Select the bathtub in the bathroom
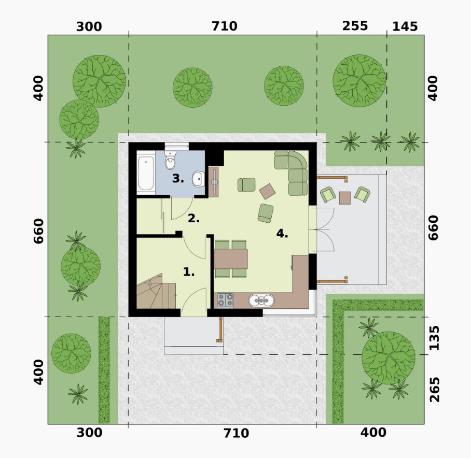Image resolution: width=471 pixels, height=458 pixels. (x=146, y=173)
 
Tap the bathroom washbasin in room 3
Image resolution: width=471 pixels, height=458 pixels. (x=198, y=179)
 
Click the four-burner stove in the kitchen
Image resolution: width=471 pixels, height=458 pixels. (x=225, y=300)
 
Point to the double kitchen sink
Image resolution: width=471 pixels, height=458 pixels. (x=261, y=300)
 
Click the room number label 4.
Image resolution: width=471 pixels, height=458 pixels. (x=282, y=233)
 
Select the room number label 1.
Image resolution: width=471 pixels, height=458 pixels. (x=189, y=273)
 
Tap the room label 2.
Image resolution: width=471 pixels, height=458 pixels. (x=194, y=218)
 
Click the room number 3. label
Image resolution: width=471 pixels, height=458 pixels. (x=178, y=179)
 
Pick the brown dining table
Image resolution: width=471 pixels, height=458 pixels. (x=231, y=259)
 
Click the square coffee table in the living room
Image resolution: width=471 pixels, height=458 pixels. (x=267, y=191)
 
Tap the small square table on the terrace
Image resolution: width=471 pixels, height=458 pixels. (x=345, y=198)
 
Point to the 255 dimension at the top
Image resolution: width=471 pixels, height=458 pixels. (x=355, y=26)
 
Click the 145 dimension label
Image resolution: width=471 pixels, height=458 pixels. (x=405, y=27)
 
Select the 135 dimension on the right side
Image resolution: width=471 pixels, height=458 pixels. (x=434, y=338)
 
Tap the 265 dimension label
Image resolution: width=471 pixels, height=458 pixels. (x=434, y=390)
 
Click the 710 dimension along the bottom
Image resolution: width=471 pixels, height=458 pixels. (x=236, y=434)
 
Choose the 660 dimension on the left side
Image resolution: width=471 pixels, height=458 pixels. (x=39, y=231)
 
